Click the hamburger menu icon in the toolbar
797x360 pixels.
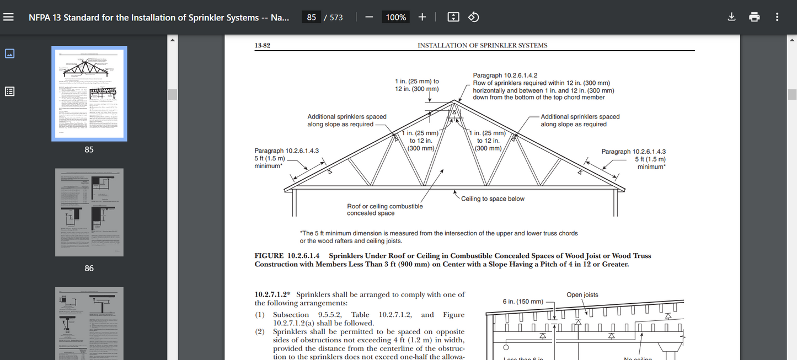[8, 17]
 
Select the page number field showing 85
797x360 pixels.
[312, 17]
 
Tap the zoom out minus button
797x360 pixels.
[369, 17]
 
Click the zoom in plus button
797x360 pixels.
[422, 17]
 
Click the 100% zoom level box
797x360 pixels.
[395, 17]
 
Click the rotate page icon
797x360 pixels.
[473, 17]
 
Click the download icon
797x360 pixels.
[731, 17]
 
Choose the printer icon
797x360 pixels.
[754, 17]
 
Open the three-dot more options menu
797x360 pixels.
[777, 17]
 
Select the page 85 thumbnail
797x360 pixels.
[89, 94]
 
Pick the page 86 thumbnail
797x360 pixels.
[89, 212]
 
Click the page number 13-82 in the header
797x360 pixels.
[262, 46]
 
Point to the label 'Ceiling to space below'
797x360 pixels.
[493, 198]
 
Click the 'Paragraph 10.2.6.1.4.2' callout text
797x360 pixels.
[505, 76]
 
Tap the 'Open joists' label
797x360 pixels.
[582, 295]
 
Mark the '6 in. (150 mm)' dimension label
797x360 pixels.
[523, 302]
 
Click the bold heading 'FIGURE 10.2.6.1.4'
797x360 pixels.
[287, 256]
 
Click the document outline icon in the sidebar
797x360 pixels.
[9, 92]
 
